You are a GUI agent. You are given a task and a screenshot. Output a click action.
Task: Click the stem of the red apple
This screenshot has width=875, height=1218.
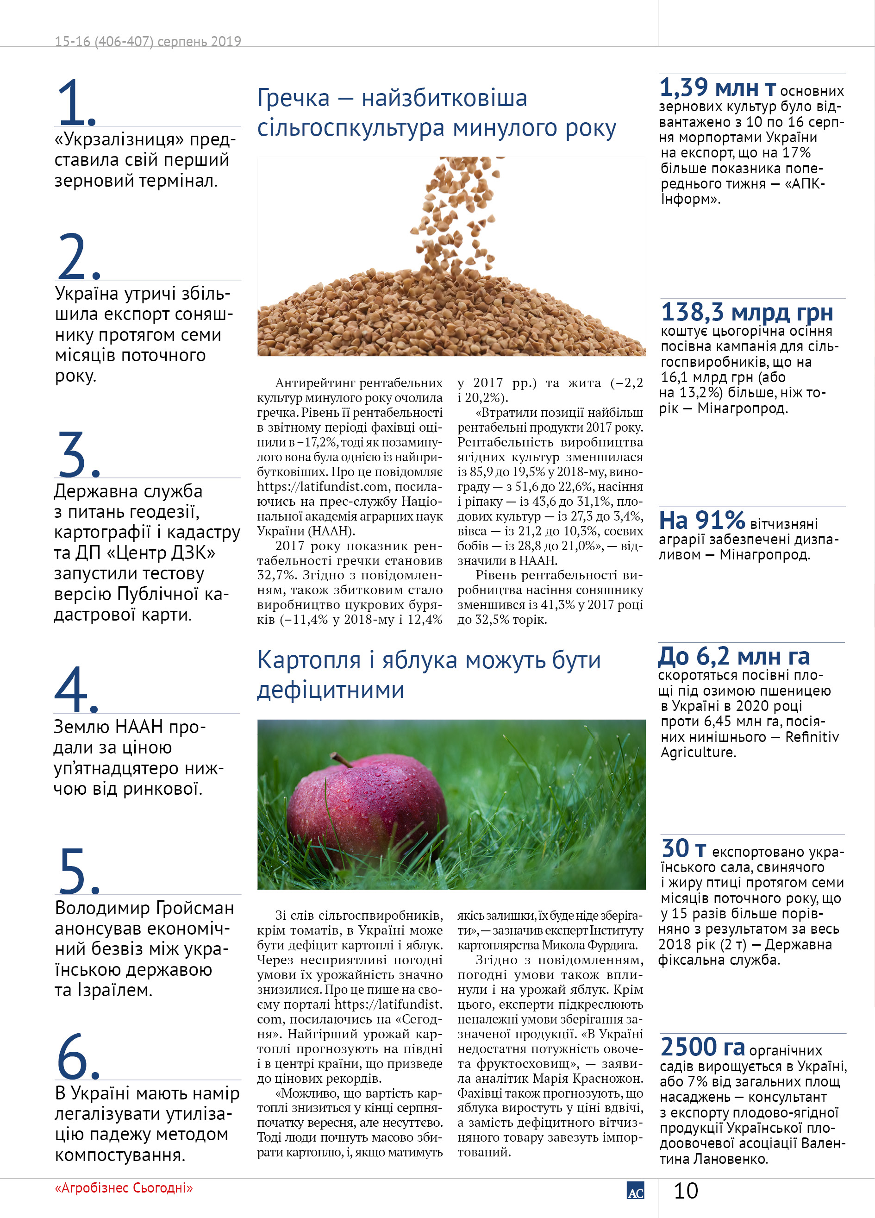(x=341, y=759)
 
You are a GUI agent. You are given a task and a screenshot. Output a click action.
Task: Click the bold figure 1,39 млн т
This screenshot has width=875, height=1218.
(x=717, y=88)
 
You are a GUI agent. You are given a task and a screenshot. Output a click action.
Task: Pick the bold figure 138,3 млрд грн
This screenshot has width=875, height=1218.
(x=747, y=312)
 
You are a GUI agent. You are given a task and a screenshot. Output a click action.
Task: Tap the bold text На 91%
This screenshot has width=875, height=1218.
(x=701, y=520)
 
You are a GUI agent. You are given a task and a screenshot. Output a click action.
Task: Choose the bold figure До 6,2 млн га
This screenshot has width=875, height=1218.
(x=734, y=656)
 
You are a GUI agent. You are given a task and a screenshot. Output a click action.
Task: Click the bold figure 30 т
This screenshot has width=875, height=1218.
(x=683, y=849)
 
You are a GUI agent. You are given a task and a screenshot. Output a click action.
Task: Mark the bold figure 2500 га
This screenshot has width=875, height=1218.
(x=702, y=1047)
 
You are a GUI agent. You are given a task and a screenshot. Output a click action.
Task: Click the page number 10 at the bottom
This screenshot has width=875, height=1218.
(x=686, y=1191)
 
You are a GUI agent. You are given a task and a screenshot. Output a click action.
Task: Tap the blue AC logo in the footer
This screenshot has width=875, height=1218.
(x=635, y=1191)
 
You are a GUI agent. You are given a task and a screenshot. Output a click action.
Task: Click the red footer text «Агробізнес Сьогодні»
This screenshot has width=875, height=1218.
(x=124, y=1187)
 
